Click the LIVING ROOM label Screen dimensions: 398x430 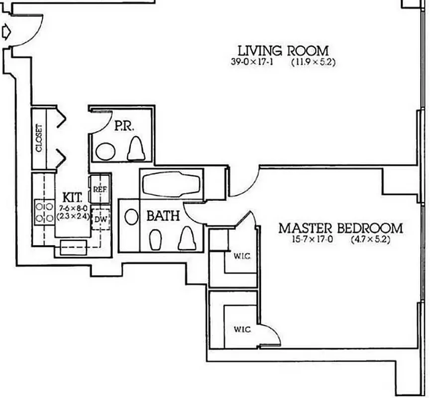(x=283, y=51)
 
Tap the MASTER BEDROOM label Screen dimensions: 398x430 (x=340, y=228)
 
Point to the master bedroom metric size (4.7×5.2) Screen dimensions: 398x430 (x=370, y=239)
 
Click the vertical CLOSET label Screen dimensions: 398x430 (x=39, y=138)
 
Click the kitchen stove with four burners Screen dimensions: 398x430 (x=44, y=212)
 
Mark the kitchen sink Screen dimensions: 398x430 (x=73, y=247)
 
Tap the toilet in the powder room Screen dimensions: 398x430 (x=136, y=149)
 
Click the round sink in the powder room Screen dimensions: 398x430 (x=106, y=151)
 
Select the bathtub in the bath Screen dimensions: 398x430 (x=171, y=185)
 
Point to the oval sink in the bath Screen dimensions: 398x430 (x=131, y=217)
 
